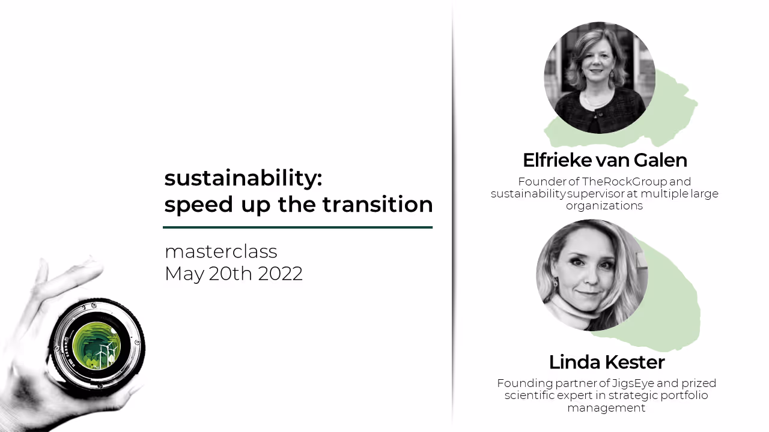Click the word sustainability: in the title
coord(243,178)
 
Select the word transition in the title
coord(377,205)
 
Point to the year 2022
coord(280,274)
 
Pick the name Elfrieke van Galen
coord(604,160)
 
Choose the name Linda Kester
coord(606,362)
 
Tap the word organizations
coord(604,206)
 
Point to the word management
coord(606,408)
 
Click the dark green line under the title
coord(297,227)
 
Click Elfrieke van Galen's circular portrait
coord(599,78)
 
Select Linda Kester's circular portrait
coord(592,275)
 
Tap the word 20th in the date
coord(231,274)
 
